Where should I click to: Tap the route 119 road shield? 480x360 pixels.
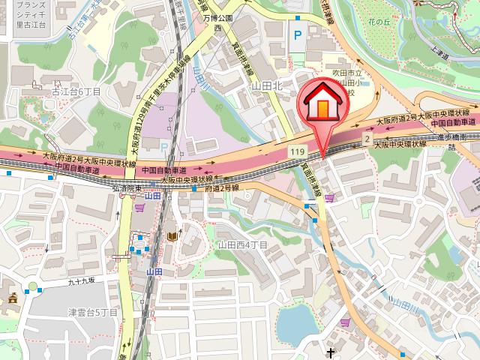pos(296,152)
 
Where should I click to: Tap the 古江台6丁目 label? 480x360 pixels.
pos(76,91)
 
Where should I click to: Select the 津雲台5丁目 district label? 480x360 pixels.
pos(93,312)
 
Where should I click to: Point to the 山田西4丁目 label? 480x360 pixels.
pos(242,244)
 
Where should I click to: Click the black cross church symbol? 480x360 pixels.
pos(330,351)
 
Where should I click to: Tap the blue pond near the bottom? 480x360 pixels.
pos(295,323)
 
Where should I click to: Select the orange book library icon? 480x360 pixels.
pos(173,237)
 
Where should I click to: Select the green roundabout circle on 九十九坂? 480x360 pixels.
pos(31,286)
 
